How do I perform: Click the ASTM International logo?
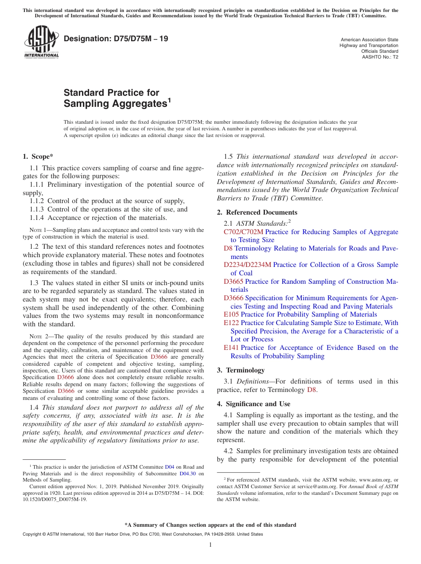(x=42, y=42)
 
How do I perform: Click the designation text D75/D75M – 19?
(x=116, y=39)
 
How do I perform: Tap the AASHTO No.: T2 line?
(x=380, y=57)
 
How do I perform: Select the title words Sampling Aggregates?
(x=115, y=104)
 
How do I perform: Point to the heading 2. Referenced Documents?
(x=257, y=212)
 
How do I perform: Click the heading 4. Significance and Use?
(x=253, y=404)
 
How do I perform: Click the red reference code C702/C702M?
(x=243, y=232)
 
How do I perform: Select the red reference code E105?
(x=231, y=314)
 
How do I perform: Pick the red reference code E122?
(x=231, y=323)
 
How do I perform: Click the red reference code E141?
(x=231, y=348)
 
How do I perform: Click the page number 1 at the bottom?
(x=210, y=545)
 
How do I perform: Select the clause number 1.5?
(x=228, y=157)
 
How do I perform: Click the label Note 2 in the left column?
(x=37, y=337)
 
